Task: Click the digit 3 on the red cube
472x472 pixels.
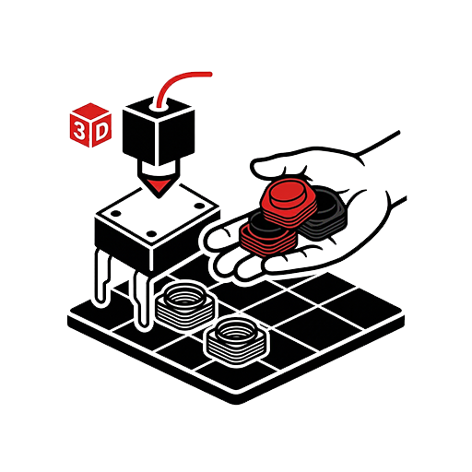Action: coord(79,131)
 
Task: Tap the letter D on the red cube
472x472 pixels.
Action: coord(101,131)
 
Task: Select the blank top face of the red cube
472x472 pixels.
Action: coord(90,110)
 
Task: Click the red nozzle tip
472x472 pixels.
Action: coord(159,185)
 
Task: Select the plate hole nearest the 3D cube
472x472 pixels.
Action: coord(116,213)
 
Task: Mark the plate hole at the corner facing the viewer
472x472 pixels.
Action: coord(151,234)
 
